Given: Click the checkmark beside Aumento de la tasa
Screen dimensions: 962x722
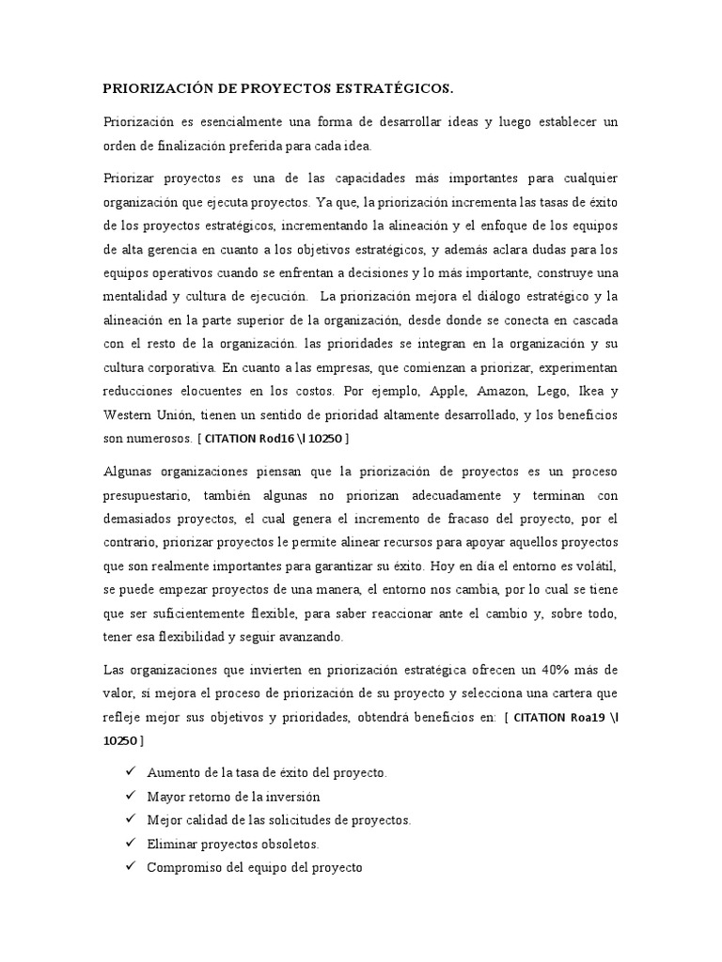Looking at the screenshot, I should click(130, 771).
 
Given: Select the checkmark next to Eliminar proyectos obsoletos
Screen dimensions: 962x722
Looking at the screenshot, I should click(130, 843).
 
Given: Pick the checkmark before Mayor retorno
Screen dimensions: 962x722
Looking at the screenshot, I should click(130, 796).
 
